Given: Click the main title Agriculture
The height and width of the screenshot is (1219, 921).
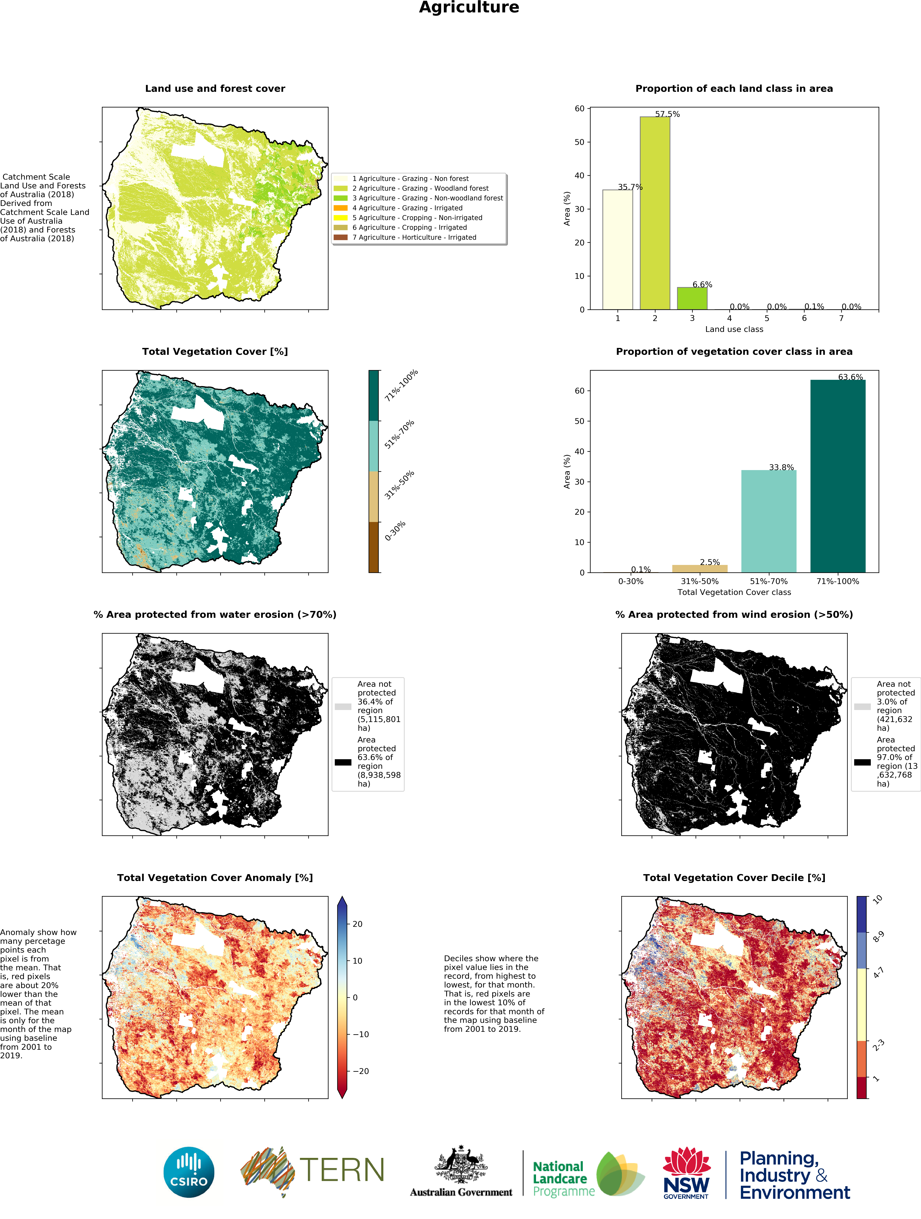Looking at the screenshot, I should coord(469,8).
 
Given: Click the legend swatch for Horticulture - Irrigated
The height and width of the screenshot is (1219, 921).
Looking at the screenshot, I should coord(341,237).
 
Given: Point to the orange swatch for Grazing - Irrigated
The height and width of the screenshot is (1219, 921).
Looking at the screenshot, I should coord(341,208).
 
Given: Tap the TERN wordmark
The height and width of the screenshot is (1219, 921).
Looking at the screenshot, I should coord(342,1170).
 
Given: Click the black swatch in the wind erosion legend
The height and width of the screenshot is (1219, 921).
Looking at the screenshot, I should coord(862,762).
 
